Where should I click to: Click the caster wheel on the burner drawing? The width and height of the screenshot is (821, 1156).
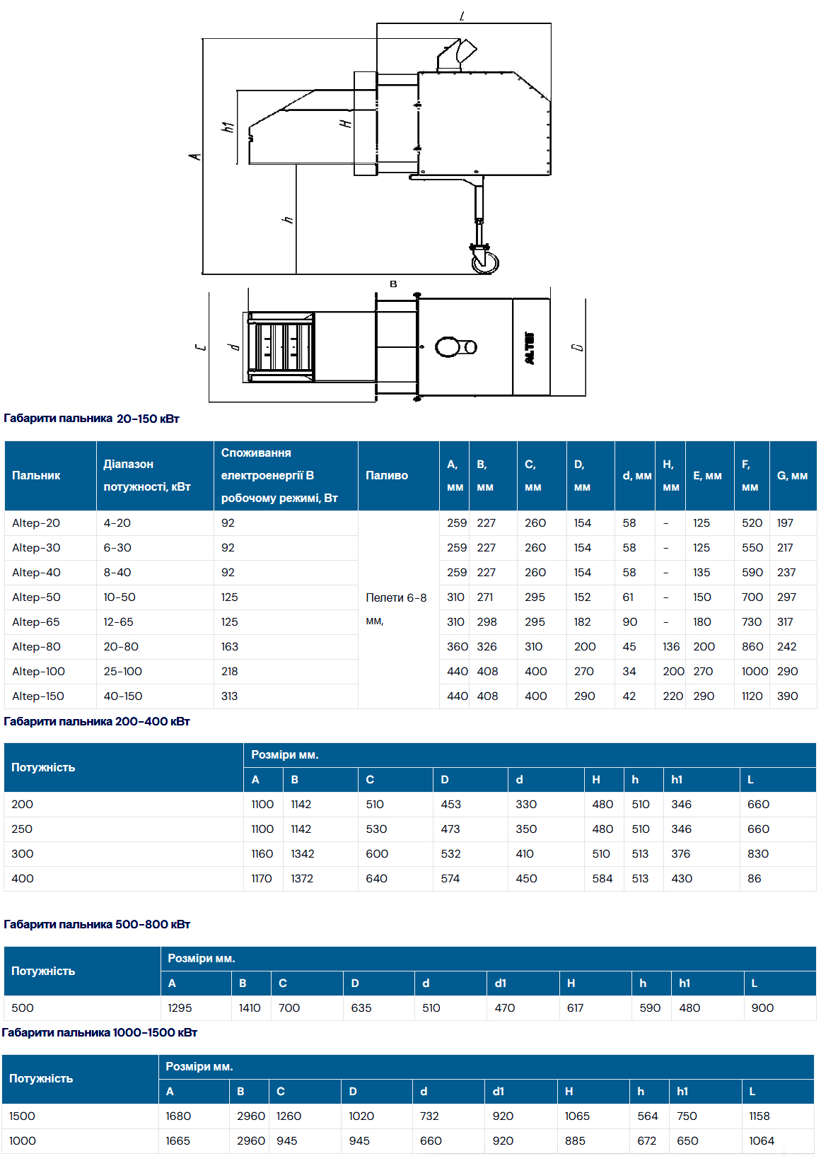point(485,262)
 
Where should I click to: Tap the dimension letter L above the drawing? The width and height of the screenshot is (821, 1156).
point(462,16)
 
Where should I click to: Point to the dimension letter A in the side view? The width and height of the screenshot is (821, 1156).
point(195,156)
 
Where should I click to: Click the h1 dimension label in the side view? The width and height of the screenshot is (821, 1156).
point(228,127)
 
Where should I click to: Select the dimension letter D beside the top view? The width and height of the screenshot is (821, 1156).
point(578,347)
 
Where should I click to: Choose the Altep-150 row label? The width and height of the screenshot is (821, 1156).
point(38,696)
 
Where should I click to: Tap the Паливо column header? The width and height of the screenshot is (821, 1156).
point(387,476)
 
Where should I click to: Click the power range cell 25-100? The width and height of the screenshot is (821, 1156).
point(123,672)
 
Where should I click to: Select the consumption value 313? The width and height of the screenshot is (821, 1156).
point(229,696)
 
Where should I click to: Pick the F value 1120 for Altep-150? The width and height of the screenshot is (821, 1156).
point(752,696)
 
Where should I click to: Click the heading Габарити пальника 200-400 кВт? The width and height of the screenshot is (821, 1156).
point(97,722)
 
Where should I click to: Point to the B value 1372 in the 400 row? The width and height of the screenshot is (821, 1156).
point(302,879)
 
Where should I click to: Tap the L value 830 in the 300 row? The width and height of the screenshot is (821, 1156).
point(758,854)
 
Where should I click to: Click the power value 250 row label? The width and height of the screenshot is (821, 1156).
point(22,829)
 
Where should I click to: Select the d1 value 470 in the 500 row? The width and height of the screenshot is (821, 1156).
point(505,1008)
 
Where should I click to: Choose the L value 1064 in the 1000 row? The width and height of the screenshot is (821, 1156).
point(762,1141)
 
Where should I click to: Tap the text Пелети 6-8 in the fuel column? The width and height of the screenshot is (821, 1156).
point(396,598)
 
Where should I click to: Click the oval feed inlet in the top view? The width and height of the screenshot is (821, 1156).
point(448,347)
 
